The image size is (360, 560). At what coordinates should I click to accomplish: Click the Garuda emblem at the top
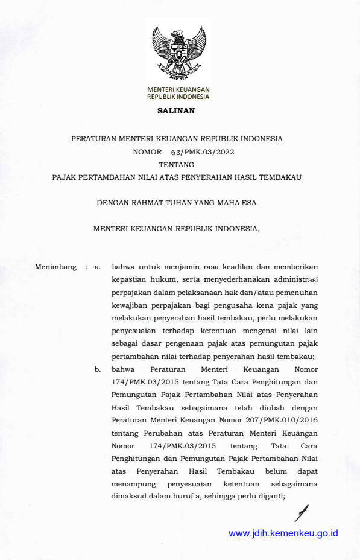pos(178,52)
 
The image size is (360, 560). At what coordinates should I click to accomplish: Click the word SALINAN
pos(176,111)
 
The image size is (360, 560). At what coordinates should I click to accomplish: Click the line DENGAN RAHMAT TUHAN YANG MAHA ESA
pos(177,203)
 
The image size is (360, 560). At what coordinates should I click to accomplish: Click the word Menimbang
pos(55,266)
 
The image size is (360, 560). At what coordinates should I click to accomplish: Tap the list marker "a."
pos(97,266)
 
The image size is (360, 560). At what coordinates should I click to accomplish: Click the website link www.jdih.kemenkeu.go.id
pos(283,533)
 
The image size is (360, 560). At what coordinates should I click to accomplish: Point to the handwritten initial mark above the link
pos(300,512)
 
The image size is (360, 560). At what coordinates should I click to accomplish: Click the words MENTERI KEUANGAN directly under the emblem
pos(178,89)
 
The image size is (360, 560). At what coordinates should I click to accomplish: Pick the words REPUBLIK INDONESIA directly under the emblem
pos(178,97)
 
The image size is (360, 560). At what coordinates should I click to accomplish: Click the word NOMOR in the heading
pos(148,152)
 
